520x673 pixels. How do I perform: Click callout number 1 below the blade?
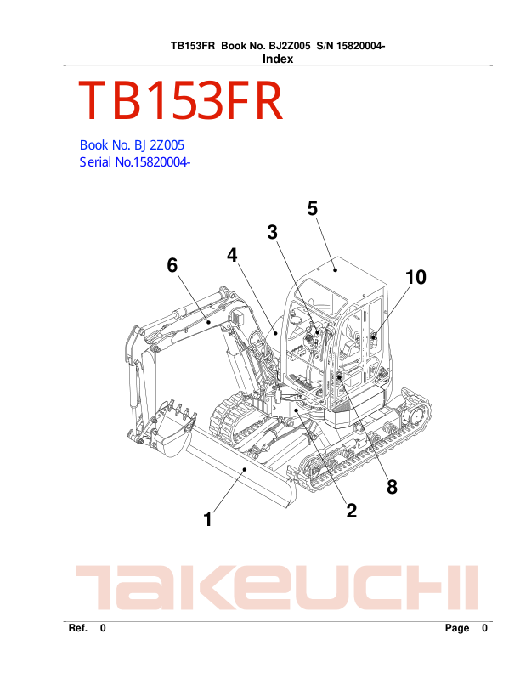[208, 519]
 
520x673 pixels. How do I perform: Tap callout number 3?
[273, 232]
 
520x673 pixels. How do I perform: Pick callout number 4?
[232, 255]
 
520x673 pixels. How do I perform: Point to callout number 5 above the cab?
[313, 208]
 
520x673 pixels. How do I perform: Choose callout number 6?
[172, 265]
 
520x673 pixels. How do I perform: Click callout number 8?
[392, 486]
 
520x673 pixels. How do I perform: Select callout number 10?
[415, 277]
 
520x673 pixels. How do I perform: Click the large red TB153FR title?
[180, 102]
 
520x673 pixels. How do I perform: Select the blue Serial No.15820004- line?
[134, 162]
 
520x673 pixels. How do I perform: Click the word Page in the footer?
[456, 629]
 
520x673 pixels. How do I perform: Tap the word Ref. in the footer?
[78, 629]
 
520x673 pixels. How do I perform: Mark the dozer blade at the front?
[238, 476]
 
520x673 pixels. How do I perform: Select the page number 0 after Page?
[484, 629]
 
